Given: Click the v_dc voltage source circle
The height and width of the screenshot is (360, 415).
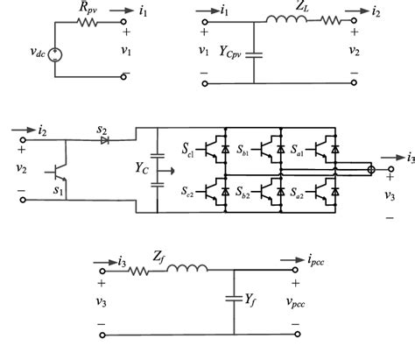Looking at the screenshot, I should coord(58,54).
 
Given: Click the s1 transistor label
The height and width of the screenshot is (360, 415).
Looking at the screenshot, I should coord(60,189).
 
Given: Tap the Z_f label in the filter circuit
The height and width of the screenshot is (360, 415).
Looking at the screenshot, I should coord(158,257).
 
